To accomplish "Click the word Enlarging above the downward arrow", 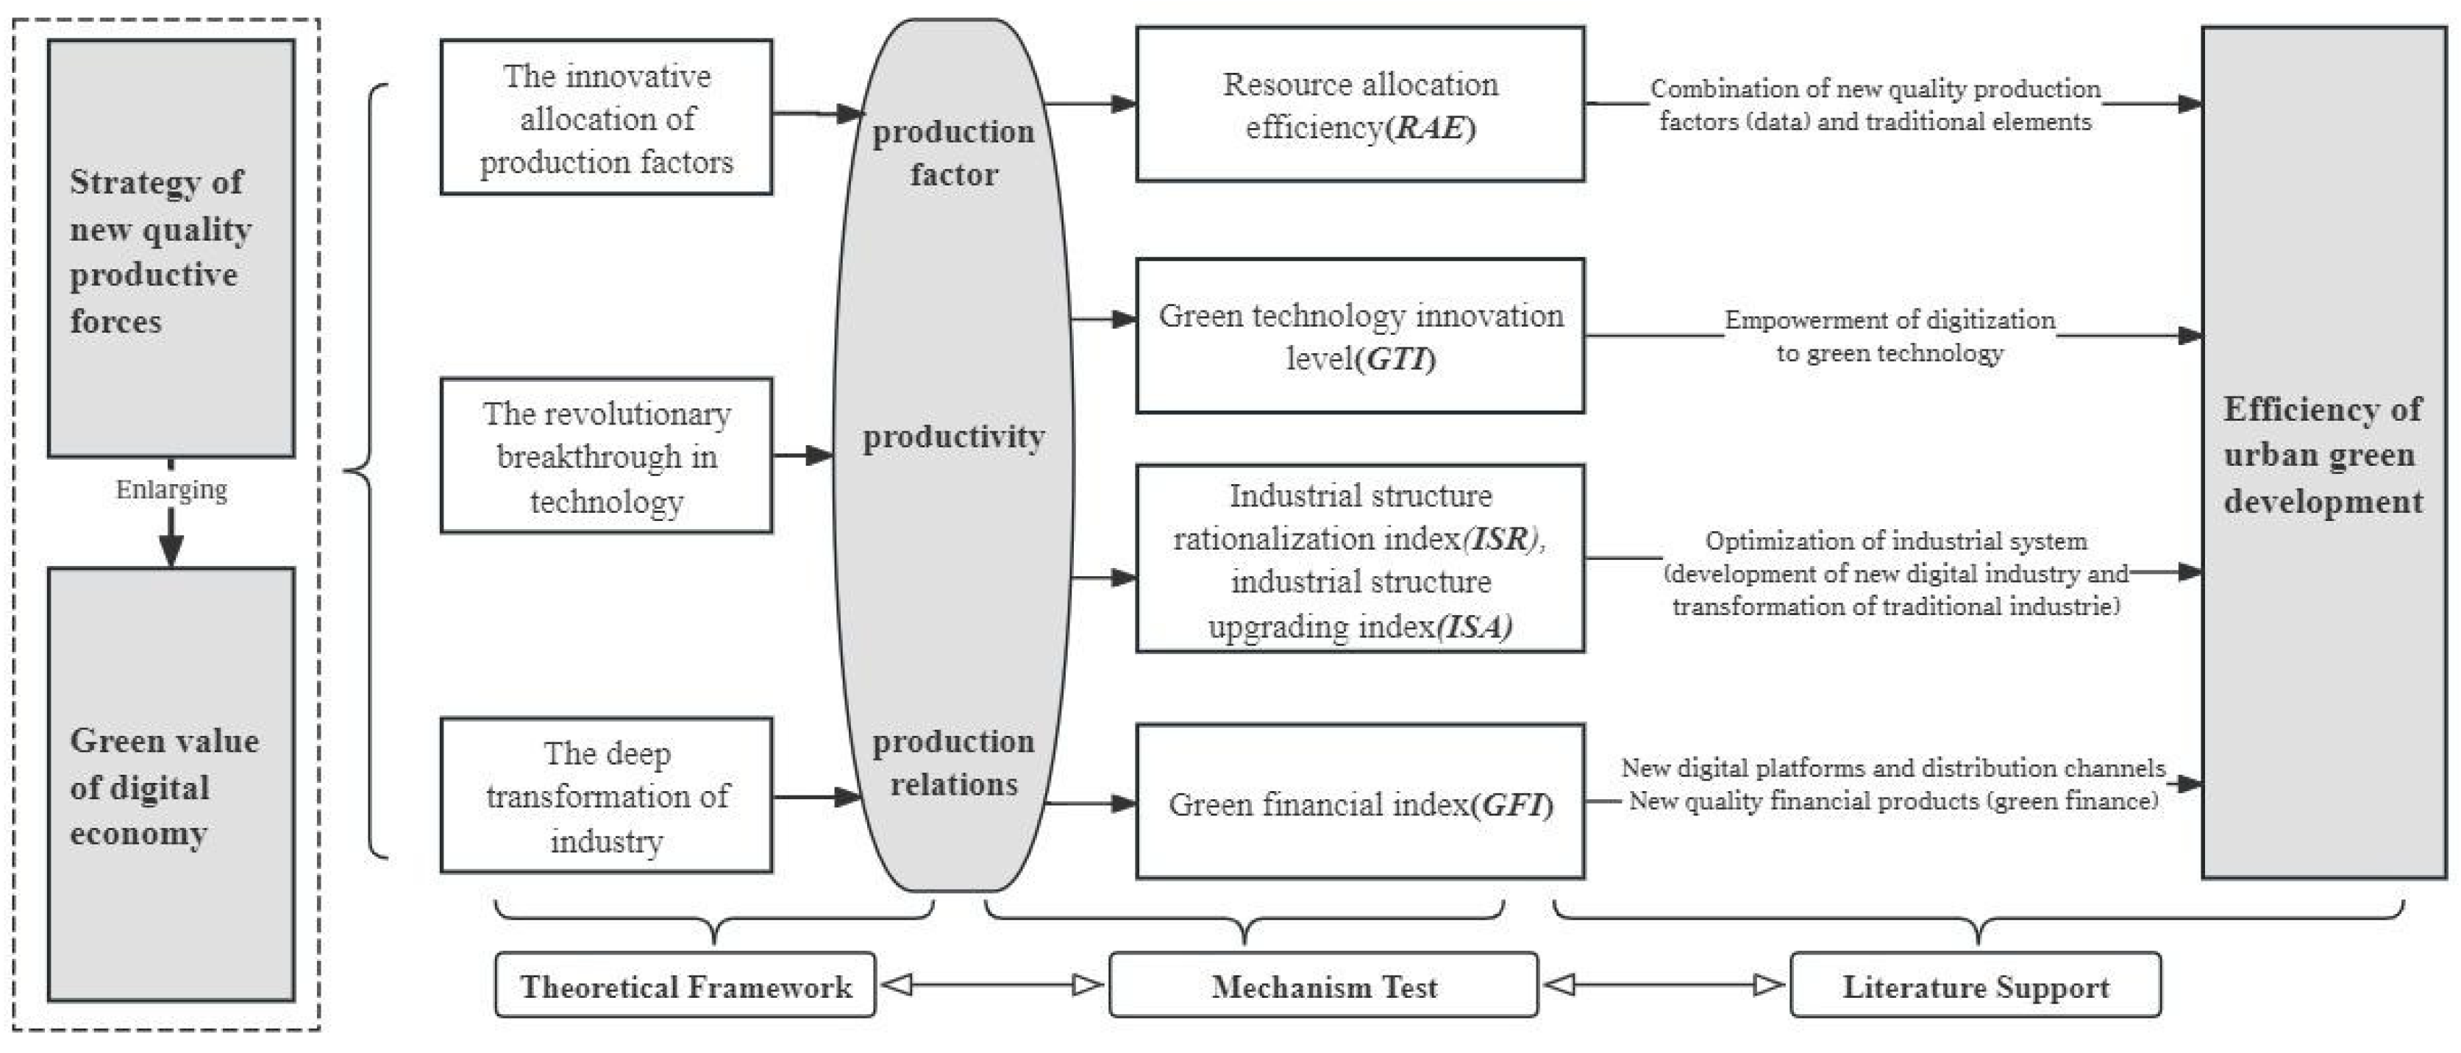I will pyautogui.click(x=171, y=489).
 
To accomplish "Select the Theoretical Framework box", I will pyautogui.click(x=685, y=985).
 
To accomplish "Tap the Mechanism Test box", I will pyautogui.click(x=1323, y=985).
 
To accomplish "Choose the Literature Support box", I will pyautogui.click(x=1975, y=985).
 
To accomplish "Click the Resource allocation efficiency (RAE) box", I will pyautogui.click(x=1359, y=104).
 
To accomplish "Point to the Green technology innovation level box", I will pyautogui.click(x=1359, y=336).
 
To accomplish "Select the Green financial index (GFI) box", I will pyautogui.click(x=1359, y=803).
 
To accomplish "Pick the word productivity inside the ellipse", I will pyautogui.click(x=952, y=436).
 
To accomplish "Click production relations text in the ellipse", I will pyautogui.click(x=952, y=762).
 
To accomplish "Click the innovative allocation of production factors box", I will pyautogui.click(x=606, y=118).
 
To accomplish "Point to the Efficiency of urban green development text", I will pyautogui.click(x=2323, y=455).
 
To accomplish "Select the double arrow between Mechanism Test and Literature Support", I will pyautogui.click(x=1663, y=985).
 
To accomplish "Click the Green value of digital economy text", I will pyautogui.click(x=163, y=787).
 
